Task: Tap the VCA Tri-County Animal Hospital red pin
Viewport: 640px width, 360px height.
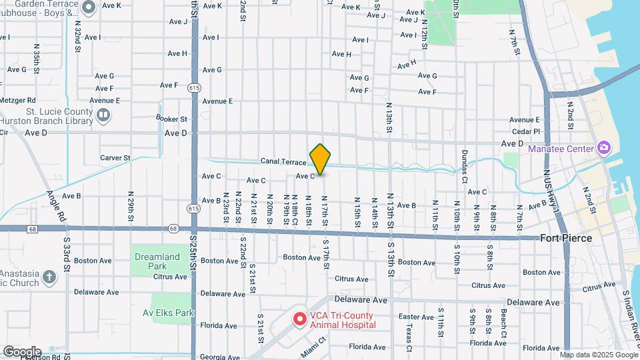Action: coord(300,320)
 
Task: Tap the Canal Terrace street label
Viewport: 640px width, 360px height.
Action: coord(283,161)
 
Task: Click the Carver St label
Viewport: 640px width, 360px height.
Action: coord(115,158)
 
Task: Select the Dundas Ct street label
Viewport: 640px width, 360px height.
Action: coord(465,164)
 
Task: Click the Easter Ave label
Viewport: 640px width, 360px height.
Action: coord(416,317)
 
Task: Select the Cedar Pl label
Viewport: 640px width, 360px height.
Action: coord(527,131)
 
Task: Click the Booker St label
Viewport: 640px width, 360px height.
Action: coord(171,118)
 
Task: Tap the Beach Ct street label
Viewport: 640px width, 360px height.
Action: coord(505,324)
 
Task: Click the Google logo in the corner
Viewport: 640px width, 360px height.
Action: coord(21,351)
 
